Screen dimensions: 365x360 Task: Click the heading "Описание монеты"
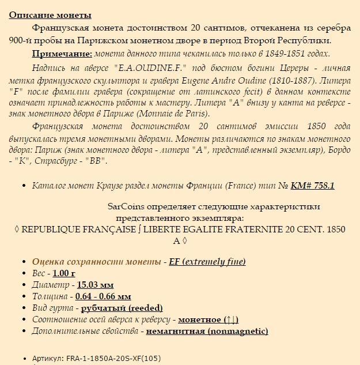pos(50,15)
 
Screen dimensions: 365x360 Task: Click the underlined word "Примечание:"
pos(62,54)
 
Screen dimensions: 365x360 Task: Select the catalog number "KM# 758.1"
pos(312,185)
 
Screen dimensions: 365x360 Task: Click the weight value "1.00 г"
pos(64,273)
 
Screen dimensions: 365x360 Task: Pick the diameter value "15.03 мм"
pos(95,284)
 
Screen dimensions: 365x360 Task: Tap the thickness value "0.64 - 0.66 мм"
pos(103,296)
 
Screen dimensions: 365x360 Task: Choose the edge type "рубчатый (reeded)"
pos(122,308)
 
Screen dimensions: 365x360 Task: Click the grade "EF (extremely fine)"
pos(207,261)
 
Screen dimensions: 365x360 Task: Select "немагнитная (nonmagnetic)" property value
pos(207,331)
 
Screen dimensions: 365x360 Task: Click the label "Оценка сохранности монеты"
pos(96,261)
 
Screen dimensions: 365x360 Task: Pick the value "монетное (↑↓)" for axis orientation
pos(208,319)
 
